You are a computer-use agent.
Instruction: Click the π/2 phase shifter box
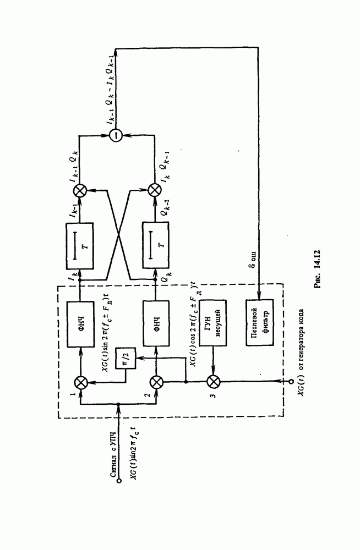click(122, 359)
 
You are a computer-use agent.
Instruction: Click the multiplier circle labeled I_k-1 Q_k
click(81, 190)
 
